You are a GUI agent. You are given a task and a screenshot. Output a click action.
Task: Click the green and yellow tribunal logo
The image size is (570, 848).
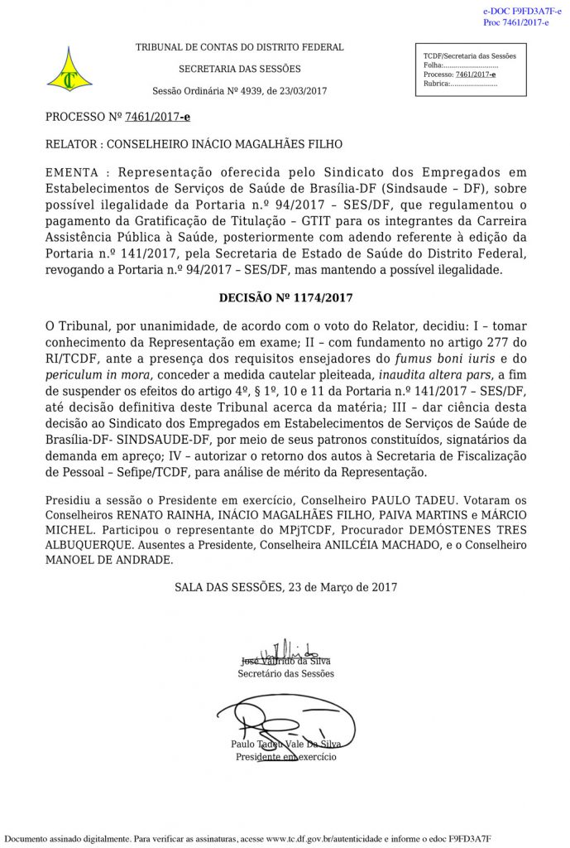click(69, 70)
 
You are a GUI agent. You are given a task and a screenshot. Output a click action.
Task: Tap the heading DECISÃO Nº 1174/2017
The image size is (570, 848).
click(285, 297)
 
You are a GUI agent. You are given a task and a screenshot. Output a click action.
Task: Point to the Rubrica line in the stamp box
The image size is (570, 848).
click(460, 84)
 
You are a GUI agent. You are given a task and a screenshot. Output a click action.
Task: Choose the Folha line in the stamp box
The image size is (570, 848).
click(461, 65)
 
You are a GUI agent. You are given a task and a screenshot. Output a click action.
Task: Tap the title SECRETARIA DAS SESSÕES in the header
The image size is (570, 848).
click(240, 70)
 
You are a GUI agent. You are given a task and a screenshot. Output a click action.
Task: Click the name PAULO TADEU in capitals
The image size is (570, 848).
click(385, 501)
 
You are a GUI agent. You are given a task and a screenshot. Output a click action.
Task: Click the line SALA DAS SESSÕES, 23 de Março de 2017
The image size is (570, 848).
click(285, 587)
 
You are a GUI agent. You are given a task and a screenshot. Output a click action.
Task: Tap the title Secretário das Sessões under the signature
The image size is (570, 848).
click(285, 673)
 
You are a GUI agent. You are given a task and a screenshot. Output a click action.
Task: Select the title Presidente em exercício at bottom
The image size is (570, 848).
click(285, 757)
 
